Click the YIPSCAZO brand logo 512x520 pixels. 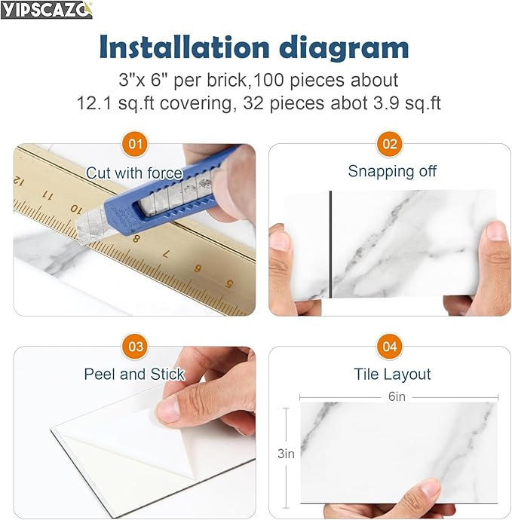[47, 10]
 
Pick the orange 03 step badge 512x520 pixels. [136, 347]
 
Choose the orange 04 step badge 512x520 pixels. [390, 347]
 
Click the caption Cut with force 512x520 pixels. [134, 173]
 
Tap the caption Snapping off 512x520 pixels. [392, 171]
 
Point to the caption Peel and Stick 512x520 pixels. [134, 374]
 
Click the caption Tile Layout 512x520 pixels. [392, 374]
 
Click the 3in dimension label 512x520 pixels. [286, 454]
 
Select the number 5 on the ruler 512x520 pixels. [228, 284]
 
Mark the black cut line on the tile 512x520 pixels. [330, 243]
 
